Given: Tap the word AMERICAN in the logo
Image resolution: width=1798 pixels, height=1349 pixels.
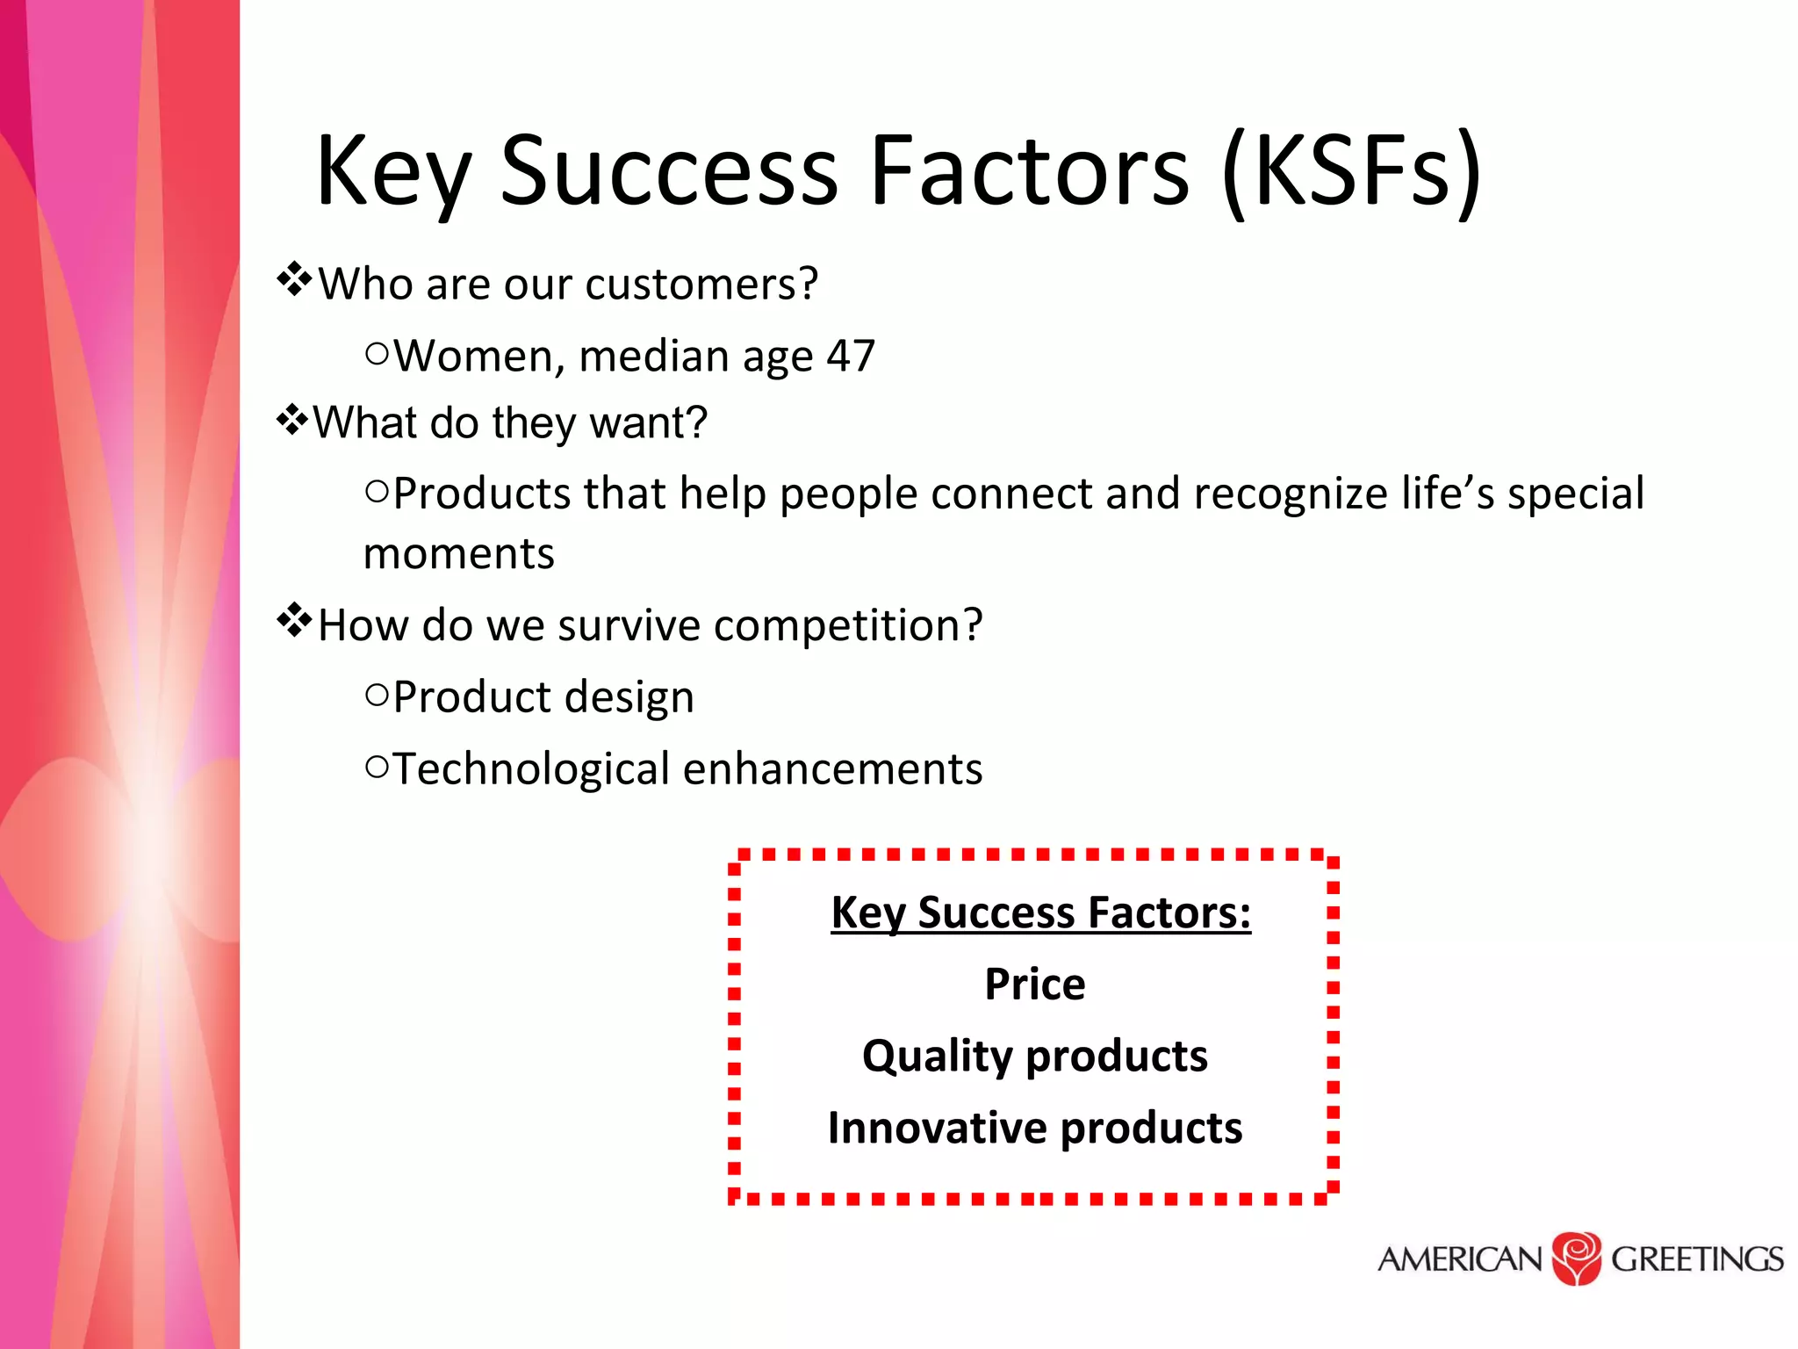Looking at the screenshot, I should pyautogui.click(x=1459, y=1259).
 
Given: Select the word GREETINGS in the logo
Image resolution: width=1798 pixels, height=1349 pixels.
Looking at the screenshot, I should pyautogui.click(x=1696, y=1259).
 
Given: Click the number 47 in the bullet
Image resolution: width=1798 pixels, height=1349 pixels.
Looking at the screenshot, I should pyautogui.click(x=850, y=357).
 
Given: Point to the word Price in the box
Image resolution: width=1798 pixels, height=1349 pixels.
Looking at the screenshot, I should pyautogui.click(x=1034, y=984).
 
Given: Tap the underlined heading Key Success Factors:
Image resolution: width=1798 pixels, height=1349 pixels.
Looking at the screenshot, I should pyautogui.click(x=1040, y=913).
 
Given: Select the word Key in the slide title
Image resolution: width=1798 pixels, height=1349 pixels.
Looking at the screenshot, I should pyautogui.click(x=392, y=172).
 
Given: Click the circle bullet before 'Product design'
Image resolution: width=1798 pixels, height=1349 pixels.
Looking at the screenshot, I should pyautogui.click(x=377, y=696).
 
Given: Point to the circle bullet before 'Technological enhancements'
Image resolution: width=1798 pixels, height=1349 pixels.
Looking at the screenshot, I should pyautogui.click(x=377, y=768).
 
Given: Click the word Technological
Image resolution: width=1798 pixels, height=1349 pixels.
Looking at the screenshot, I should pyautogui.click(x=531, y=769).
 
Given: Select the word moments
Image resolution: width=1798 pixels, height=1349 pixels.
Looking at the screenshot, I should pyautogui.click(x=459, y=554).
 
